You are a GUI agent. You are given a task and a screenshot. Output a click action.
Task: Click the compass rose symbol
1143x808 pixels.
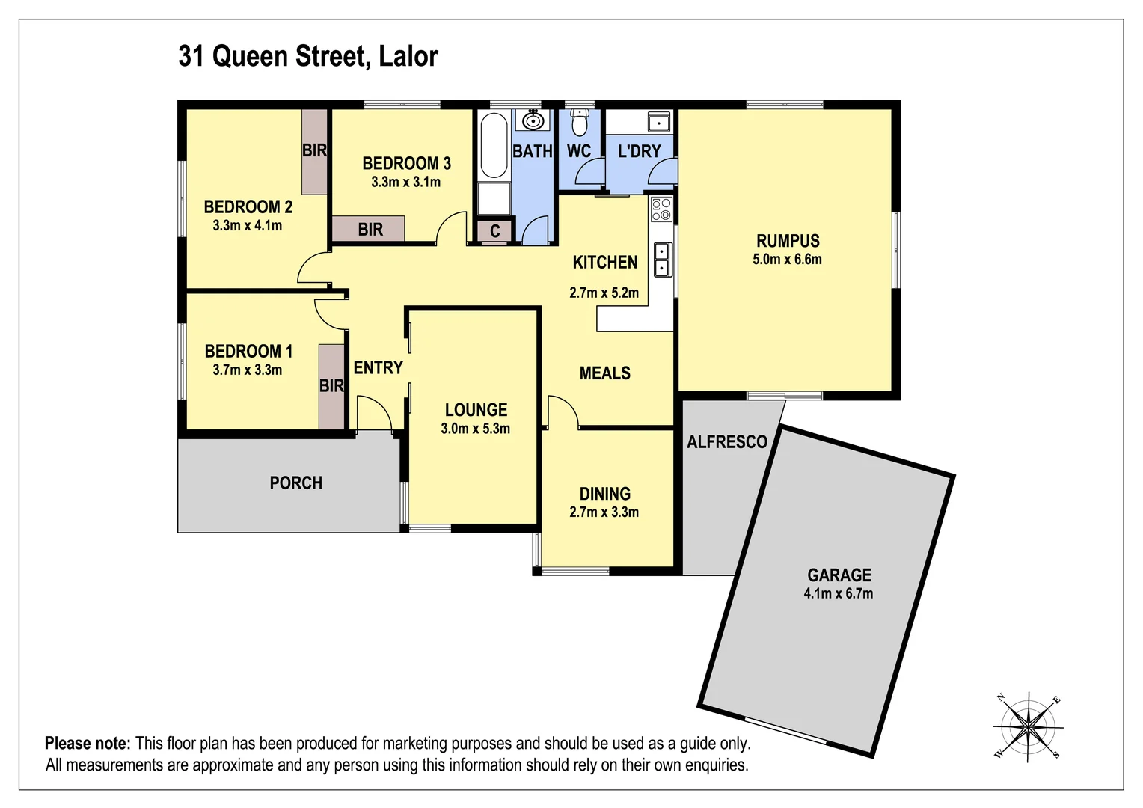point(1029,726)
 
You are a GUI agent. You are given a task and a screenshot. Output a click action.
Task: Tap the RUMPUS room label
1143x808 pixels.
point(788,241)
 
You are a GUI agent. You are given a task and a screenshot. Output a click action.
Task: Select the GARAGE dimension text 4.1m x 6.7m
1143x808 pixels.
point(838,594)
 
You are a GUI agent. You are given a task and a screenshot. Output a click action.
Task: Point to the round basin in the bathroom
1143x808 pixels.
point(533,120)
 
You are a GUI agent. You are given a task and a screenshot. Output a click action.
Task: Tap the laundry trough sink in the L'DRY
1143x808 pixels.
point(658,121)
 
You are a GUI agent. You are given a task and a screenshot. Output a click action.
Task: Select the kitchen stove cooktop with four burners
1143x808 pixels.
point(661,208)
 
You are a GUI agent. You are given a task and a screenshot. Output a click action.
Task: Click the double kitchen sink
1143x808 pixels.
point(661,259)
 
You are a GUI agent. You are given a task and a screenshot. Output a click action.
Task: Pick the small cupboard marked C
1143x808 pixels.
point(494,231)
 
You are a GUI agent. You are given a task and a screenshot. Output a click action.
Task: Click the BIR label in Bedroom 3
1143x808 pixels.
point(370,230)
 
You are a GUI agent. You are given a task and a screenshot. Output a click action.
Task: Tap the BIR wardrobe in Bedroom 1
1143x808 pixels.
point(331,386)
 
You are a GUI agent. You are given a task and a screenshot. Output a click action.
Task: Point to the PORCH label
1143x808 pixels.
point(296,483)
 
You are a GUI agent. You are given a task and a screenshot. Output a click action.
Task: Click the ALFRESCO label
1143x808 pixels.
point(726,442)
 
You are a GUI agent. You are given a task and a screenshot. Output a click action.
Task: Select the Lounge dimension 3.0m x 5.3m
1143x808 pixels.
point(475,429)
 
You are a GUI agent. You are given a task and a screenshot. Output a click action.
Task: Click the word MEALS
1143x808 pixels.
point(604,373)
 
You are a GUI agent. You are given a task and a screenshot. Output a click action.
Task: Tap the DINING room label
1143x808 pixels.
point(604,494)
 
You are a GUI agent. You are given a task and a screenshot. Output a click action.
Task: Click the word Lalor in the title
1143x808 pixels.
point(408,56)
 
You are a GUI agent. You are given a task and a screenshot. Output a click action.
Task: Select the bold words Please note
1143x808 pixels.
point(88,744)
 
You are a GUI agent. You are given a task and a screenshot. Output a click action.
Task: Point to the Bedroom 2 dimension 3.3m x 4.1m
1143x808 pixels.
point(247,225)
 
